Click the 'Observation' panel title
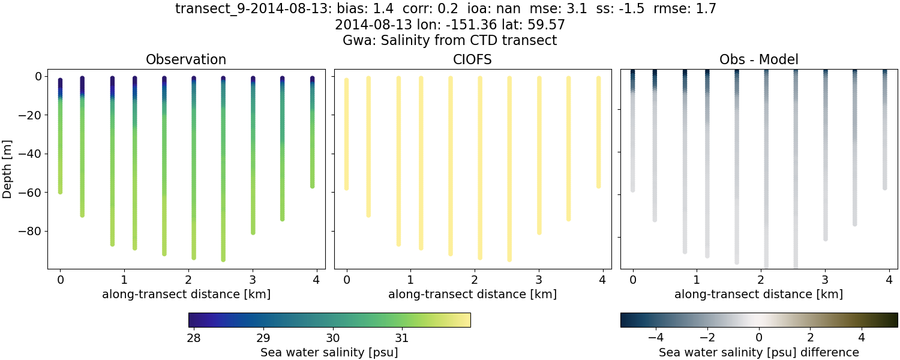point(186,60)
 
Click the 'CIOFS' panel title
point(472,60)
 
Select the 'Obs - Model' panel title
point(758,60)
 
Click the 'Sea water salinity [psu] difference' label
point(759,352)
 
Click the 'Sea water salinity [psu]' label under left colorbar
point(329,352)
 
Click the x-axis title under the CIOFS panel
point(472,295)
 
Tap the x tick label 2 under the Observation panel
point(188,280)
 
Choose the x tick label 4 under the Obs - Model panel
point(889,280)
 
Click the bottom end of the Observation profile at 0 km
point(60,191)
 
